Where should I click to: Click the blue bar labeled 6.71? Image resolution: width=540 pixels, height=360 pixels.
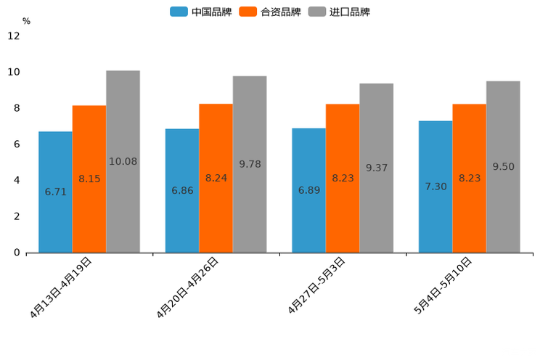click(x=55, y=192)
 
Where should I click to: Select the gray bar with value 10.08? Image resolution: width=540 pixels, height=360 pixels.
click(x=123, y=161)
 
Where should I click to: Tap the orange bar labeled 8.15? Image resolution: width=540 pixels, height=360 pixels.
click(x=89, y=179)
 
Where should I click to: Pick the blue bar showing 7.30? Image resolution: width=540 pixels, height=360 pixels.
click(x=435, y=187)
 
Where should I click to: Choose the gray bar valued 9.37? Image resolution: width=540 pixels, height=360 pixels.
click(x=376, y=168)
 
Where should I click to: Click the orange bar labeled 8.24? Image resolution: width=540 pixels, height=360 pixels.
click(x=216, y=178)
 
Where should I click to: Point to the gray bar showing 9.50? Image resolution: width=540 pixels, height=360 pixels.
click(x=503, y=166)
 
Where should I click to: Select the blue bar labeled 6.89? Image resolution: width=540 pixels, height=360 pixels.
click(x=308, y=190)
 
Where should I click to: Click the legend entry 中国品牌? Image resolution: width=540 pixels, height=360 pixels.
click(x=201, y=12)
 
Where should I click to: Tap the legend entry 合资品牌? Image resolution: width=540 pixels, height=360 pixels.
click(x=270, y=12)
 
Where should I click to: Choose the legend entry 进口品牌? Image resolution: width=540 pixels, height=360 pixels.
click(x=339, y=12)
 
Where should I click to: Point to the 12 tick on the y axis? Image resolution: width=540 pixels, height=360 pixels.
click(x=14, y=36)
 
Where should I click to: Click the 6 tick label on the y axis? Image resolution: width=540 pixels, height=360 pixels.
click(x=17, y=144)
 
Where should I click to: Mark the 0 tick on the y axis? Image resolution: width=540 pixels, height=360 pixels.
click(x=17, y=253)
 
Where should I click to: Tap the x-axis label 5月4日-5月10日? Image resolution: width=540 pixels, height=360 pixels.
click(x=443, y=285)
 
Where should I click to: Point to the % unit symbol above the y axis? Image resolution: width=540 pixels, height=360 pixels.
click(x=26, y=21)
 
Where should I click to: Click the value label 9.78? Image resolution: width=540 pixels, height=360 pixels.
click(x=250, y=164)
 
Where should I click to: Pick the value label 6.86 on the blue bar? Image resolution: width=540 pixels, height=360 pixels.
click(x=182, y=190)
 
